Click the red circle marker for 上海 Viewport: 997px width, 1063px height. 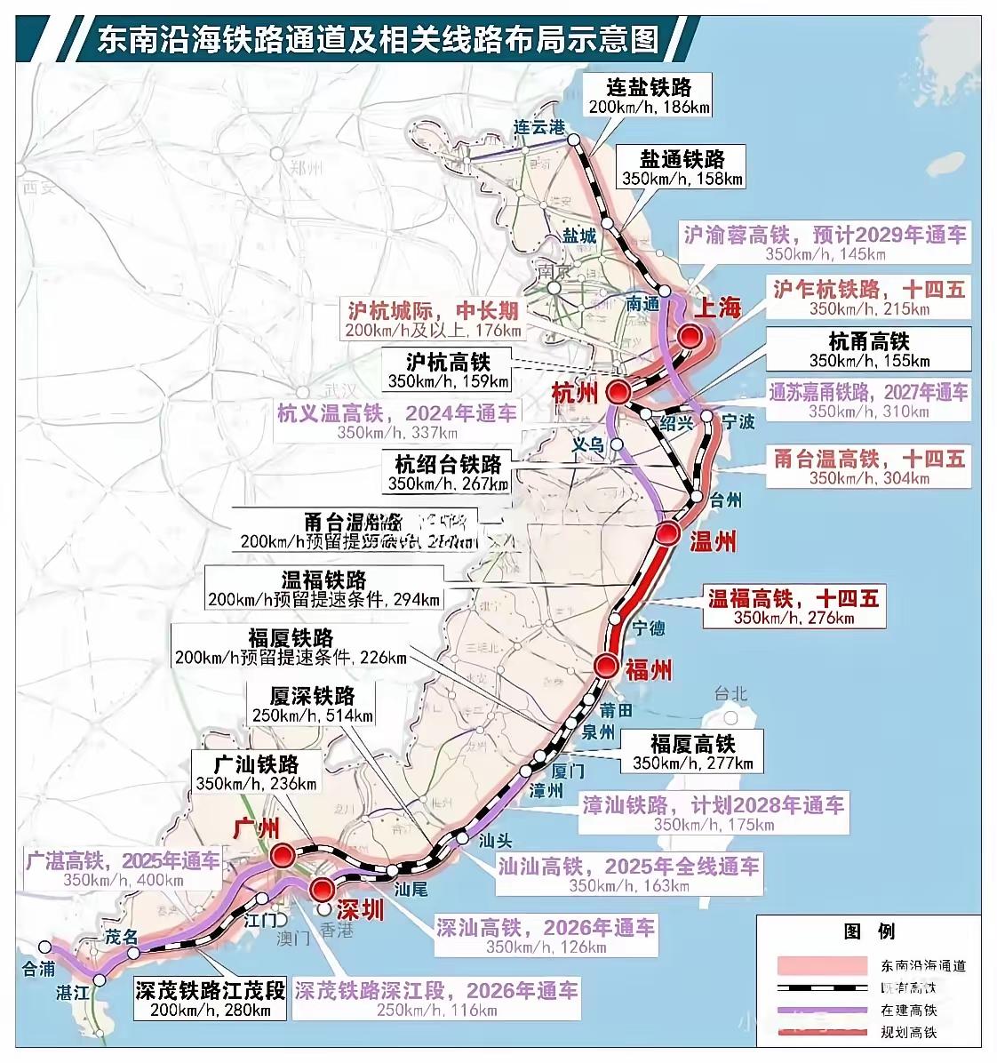click(x=690, y=336)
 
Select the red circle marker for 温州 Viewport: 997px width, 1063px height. click(x=668, y=533)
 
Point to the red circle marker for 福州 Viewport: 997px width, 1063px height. click(x=607, y=665)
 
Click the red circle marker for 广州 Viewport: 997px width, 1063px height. click(x=283, y=855)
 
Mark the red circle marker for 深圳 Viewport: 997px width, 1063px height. click(x=321, y=889)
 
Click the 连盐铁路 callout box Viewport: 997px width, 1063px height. click(x=648, y=96)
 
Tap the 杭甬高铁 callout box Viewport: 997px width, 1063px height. click(x=869, y=350)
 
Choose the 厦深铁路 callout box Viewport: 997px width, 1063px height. click(x=312, y=705)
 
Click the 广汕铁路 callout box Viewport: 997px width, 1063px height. click(x=257, y=773)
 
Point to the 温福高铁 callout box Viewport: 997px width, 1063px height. click(x=793, y=608)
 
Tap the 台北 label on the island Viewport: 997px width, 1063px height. click(x=732, y=694)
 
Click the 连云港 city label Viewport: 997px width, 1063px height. click(x=539, y=127)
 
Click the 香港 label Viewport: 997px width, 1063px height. click(x=338, y=931)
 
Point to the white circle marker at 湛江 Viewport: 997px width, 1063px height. click(x=100, y=979)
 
